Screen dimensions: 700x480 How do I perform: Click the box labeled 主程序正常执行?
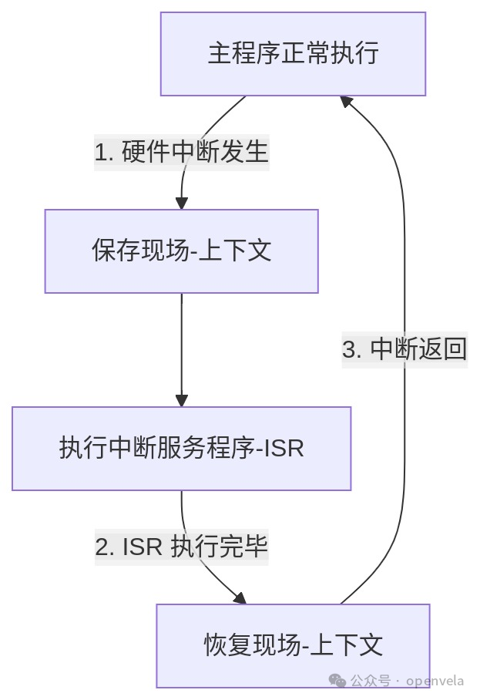(x=293, y=54)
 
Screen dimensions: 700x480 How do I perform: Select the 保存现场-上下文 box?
(x=181, y=251)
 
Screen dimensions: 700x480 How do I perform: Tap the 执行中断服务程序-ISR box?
(x=181, y=449)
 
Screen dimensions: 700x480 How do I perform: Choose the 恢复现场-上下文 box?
(x=293, y=646)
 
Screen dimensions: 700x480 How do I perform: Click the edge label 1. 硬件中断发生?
(x=181, y=152)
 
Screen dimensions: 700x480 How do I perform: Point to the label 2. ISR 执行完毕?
(x=181, y=547)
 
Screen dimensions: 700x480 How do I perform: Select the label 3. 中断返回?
(x=404, y=349)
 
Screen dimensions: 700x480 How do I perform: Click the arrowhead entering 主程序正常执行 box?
(x=347, y=102)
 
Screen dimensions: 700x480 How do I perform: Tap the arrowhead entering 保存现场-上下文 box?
(x=181, y=203)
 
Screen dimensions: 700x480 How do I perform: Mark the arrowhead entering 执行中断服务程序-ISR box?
(x=181, y=400)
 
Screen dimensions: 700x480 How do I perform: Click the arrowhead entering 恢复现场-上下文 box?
(x=239, y=598)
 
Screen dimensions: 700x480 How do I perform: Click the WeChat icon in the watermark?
(x=337, y=681)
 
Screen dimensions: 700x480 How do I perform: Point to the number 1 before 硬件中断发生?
(x=100, y=153)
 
